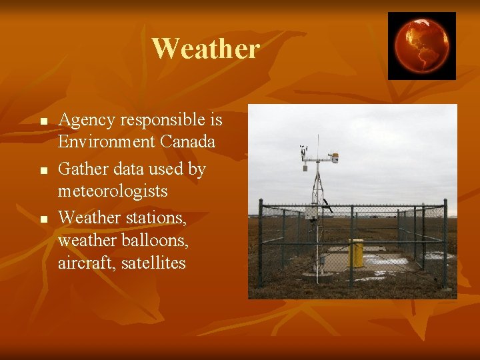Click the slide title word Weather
(x=205, y=49)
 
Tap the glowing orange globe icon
(x=421, y=45)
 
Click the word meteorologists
(x=113, y=191)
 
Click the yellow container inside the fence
(x=356, y=253)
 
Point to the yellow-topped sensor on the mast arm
(x=333, y=158)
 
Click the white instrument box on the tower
(x=311, y=213)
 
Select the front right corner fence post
(x=445, y=247)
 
